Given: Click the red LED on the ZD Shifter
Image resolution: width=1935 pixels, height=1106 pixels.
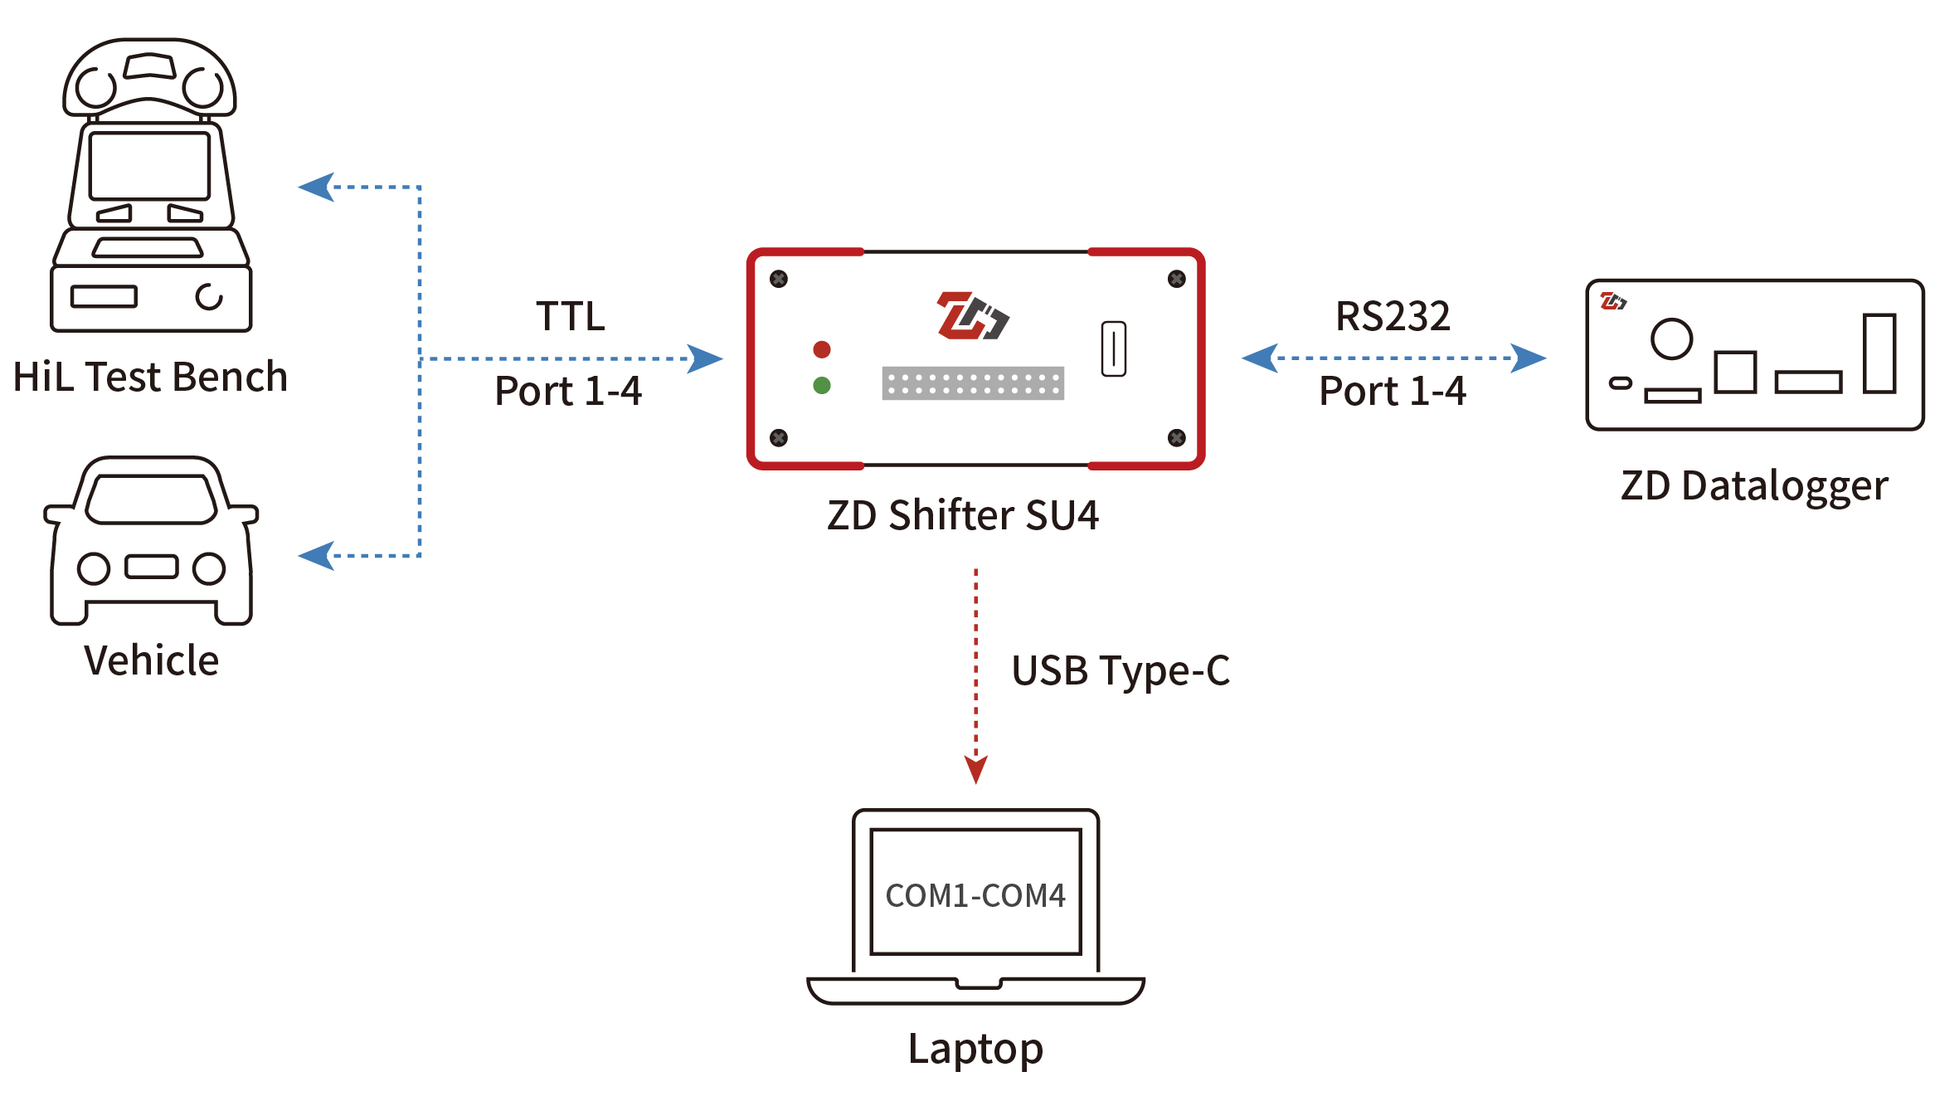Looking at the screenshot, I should click(822, 349).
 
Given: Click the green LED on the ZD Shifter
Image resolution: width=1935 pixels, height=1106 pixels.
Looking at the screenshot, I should click(822, 385).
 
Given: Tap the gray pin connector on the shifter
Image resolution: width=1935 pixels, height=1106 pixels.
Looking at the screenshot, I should click(973, 383).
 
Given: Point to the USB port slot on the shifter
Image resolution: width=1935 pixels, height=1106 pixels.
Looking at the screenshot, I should click(1113, 348).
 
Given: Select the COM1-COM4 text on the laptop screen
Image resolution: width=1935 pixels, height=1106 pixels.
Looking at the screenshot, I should click(975, 896).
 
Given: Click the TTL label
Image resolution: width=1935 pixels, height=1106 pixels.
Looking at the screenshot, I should click(571, 316).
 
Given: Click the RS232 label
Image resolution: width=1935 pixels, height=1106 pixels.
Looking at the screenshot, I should click(1393, 316).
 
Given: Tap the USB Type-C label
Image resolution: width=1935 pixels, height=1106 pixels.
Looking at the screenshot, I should click(1121, 670).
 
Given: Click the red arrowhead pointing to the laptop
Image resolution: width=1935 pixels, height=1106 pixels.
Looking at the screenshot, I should click(976, 769).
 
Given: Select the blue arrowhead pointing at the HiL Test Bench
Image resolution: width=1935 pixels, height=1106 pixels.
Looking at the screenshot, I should click(316, 187).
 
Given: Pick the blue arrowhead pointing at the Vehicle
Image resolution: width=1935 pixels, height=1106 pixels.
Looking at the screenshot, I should click(316, 555).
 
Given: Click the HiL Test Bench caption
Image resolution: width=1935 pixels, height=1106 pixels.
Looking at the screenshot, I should click(150, 377).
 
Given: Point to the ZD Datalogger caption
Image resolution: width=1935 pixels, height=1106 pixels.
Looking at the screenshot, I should click(1754, 486).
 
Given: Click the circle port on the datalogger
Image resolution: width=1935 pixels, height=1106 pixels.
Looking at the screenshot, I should click(1671, 339).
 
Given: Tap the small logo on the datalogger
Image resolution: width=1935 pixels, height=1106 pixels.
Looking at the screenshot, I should click(1613, 301).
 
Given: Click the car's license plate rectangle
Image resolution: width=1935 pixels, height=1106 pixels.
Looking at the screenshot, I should click(151, 567).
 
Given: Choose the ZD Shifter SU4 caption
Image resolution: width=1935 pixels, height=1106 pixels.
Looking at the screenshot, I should click(963, 515).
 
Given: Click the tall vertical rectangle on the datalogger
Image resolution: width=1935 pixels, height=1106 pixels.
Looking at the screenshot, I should click(1879, 353).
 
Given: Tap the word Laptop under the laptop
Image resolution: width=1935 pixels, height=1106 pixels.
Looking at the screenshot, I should click(975, 1049).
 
